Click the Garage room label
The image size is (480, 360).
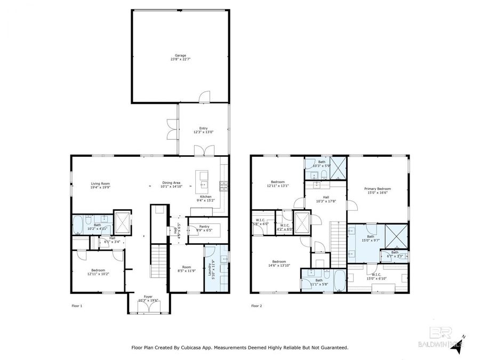point(180,57)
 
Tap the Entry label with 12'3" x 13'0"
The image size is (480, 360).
point(203,130)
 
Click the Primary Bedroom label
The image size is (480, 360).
point(378,190)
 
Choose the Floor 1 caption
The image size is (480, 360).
point(78,306)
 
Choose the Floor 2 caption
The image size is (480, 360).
point(257,306)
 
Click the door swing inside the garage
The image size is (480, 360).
point(203,96)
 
